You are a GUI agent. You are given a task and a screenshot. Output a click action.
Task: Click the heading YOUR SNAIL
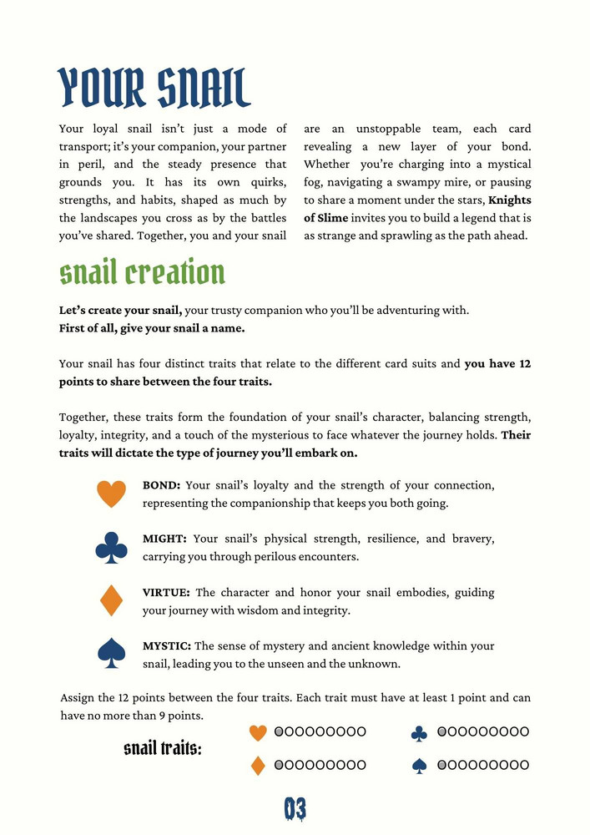154,88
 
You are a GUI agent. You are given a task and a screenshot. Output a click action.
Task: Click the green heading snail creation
142,272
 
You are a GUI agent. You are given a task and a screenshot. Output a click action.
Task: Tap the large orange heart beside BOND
112,493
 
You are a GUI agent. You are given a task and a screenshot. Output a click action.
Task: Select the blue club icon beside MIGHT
112,547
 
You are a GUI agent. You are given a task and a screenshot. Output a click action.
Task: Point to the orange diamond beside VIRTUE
112,600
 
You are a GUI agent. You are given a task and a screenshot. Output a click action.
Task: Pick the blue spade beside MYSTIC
112,653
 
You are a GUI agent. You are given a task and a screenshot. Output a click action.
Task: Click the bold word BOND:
162,485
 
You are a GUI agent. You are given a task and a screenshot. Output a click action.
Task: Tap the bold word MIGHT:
164,539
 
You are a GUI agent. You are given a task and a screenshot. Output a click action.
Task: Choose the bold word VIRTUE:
167,592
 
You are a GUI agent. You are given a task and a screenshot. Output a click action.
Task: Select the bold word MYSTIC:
167,645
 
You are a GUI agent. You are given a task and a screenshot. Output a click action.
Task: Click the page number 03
295,808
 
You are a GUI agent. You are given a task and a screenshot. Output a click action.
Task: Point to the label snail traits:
163,748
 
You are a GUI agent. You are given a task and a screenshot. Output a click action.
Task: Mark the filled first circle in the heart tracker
280,731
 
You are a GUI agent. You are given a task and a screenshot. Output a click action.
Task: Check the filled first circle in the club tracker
442,731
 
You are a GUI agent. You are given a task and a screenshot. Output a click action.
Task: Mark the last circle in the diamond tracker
361,764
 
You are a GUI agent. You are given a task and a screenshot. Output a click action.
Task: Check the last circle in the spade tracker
524,764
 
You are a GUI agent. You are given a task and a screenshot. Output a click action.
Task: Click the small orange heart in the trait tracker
258,732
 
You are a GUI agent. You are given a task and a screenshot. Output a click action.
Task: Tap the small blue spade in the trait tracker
420,765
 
